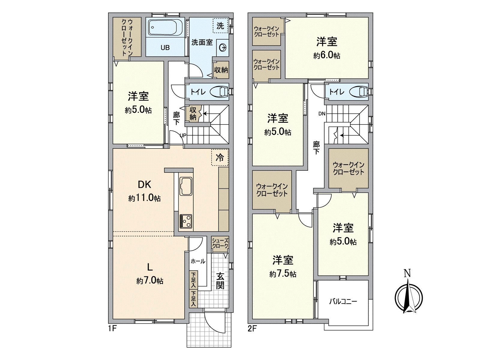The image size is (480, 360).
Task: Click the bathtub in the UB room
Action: [x=165, y=28]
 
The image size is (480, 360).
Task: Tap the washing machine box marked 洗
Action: [x=220, y=26]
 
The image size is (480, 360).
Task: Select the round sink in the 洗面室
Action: [x=223, y=48]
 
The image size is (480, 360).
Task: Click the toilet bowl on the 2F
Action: [x=359, y=91]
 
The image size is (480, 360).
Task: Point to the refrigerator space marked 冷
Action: [x=220, y=157]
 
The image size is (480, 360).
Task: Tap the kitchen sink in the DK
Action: [x=186, y=186]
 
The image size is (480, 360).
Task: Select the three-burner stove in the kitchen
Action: [x=186, y=221]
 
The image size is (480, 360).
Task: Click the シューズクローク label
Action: [x=220, y=243]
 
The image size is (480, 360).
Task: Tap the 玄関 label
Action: [x=220, y=280]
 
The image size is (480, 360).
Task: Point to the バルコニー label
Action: [x=343, y=301]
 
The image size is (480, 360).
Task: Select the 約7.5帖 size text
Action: [x=283, y=274]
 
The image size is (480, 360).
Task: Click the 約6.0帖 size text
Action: [x=326, y=55]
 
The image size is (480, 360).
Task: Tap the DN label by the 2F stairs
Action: [x=322, y=114]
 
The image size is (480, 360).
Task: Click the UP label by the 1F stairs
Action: [x=183, y=136]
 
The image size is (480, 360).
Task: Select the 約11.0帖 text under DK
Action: [x=144, y=198]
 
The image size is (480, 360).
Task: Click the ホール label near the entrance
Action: [x=198, y=261]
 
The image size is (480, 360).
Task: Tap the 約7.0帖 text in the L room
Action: [x=149, y=281]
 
